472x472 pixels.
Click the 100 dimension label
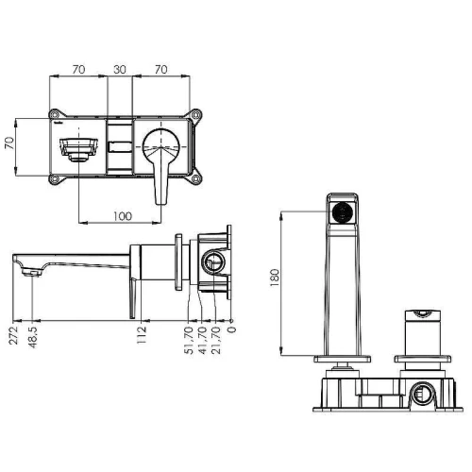(x=123, y=216)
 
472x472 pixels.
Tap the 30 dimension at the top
(x=120, y=70)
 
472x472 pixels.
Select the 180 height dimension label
(x=275, y=277)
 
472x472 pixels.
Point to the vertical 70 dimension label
(x=9, y=143)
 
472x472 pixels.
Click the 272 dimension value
(x=14, y=335)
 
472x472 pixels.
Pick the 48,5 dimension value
(x=33, y=337)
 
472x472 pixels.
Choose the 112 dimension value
(x=142, y=335)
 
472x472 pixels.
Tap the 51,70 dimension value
(x=189, y=340)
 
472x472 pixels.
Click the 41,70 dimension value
(x=203, y=340)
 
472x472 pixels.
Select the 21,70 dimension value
(x=217, y=340)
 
